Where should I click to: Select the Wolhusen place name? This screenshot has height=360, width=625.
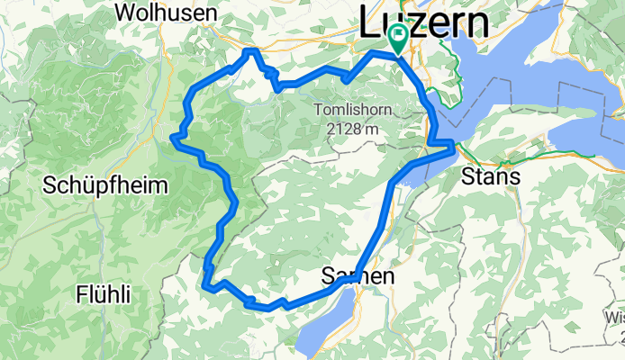point(166,13)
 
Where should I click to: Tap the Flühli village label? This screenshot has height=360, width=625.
point(103,294)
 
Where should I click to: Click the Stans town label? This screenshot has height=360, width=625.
point(490,177)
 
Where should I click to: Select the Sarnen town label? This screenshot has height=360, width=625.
point(358,278)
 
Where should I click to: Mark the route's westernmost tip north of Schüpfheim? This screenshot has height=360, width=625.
point(171,137)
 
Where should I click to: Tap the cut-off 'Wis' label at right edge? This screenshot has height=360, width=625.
point(614,317)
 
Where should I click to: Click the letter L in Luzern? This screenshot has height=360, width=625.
point(369,23)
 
